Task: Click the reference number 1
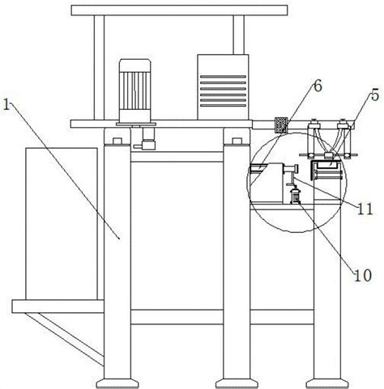(6, 104)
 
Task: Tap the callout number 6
(318, 87)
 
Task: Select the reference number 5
(375, 95)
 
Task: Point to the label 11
(365, 209)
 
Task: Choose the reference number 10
(363, 276)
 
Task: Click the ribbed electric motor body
(134, 89)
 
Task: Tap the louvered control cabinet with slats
(223, 87)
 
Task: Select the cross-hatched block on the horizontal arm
(281, 125)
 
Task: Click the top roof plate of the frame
(179, 11)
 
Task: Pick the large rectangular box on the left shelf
(62, 223)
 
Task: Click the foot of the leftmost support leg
(117, 383)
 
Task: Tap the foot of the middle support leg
(237, 383)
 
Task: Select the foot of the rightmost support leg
(326, 383)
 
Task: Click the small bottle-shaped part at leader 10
(295, 195)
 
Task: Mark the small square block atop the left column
(117, 142)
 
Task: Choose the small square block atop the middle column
(237, 142)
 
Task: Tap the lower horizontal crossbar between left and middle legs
(177, 317)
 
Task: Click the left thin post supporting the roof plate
(99, 67)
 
